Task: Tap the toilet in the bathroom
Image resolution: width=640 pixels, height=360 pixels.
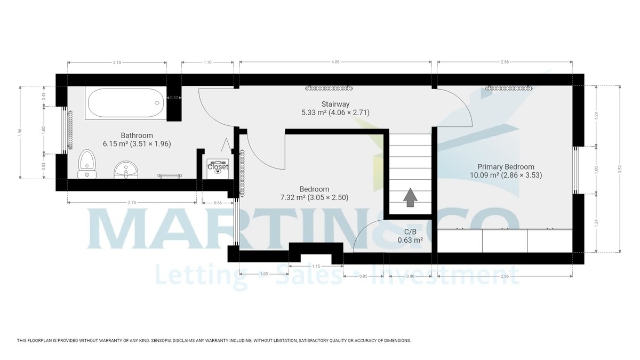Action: tap(86, 163)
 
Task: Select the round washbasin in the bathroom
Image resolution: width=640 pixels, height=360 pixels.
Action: tap(126, 170)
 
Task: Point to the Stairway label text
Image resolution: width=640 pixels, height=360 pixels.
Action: tap(335, 104)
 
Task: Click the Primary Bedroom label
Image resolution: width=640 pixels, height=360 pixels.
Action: tap(506, 166)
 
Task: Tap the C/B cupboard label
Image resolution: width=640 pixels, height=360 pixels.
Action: tap(410, 231)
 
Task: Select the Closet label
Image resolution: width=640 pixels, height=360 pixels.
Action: tap(218, 167)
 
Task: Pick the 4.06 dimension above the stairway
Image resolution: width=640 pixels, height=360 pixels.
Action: tap(335, 62)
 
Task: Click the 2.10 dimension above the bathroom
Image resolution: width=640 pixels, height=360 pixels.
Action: tap(117, 62)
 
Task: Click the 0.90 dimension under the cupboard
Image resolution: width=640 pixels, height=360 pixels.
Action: tap(410, 276)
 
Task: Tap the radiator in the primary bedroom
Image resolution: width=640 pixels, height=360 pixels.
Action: tap(509, 87)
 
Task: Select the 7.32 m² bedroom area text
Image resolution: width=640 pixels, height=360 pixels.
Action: tap(314, 197)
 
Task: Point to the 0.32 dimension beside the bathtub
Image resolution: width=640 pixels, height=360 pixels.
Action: tap(174, 98)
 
